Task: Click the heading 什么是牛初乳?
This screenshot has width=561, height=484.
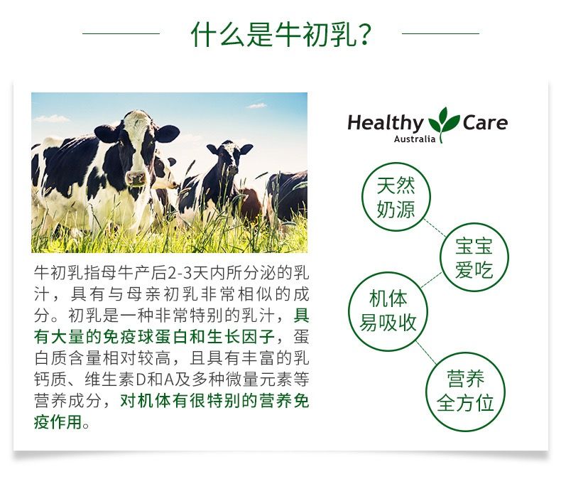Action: coord(282,34)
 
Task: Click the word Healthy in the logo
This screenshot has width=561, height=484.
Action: coord(386,123)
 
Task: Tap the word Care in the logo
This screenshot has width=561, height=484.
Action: coord(485,122)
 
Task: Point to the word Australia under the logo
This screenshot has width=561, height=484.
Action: coord(415,139)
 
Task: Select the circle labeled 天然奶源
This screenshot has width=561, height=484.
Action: coord(396,163)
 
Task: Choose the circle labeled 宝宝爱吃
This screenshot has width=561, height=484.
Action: coord(474,224)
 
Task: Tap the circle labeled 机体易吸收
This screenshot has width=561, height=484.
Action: coord(388,273)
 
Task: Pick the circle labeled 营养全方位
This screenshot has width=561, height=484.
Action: coord(465,354)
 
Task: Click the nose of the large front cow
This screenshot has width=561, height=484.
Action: coord(136,178)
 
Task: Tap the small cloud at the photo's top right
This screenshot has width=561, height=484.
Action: coord(257,106)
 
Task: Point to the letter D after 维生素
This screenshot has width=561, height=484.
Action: coord(142,380)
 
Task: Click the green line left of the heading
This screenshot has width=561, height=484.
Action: coord(121,33)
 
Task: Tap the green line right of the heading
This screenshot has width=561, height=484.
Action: coord(440,33)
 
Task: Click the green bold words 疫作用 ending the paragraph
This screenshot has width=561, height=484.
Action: coord(58,421)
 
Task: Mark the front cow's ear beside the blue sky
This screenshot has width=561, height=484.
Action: coord(167,134)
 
